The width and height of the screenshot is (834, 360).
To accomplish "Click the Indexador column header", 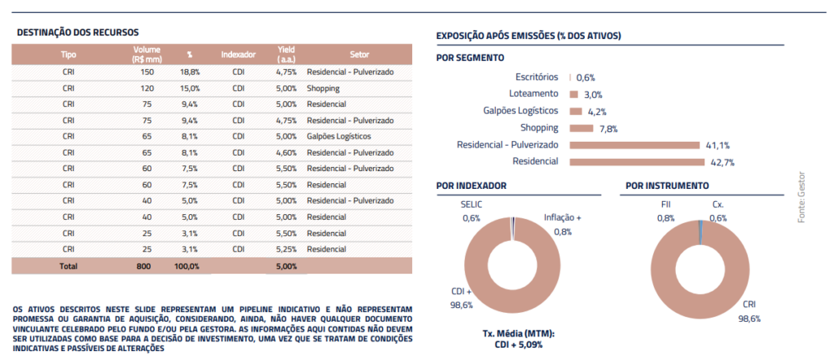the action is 239,55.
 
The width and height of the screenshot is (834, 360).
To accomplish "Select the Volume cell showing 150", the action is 147,72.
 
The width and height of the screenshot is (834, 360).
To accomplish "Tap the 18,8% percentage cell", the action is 190,72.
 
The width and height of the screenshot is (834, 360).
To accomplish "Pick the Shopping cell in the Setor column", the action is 323,88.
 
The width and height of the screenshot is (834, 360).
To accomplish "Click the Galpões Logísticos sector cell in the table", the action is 339,136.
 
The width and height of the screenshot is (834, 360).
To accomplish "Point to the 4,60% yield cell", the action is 286,152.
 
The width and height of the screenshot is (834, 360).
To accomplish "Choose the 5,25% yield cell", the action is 286,249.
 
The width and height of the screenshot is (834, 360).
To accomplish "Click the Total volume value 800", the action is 143,266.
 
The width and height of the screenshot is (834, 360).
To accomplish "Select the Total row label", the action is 68,266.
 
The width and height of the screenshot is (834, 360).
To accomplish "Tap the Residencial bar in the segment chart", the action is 637,161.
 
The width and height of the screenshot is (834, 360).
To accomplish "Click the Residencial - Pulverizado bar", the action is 634,145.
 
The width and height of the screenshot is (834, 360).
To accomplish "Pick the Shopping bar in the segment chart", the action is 582,128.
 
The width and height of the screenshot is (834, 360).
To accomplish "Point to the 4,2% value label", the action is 597,112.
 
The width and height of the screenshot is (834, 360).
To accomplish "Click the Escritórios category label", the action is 538,77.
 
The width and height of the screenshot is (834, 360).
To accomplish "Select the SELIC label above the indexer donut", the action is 471,204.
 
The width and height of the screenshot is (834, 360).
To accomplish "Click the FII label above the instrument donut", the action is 665,204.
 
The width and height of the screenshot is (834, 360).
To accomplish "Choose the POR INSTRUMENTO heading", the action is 667,186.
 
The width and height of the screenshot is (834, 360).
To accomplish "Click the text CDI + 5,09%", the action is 519,345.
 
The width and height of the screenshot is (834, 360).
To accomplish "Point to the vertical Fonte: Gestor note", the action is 802,197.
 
